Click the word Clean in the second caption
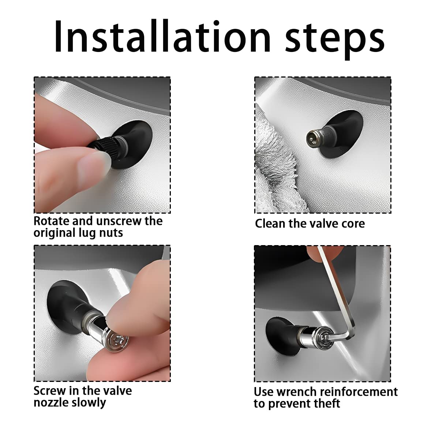(270, 224)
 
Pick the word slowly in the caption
(89, 403)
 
